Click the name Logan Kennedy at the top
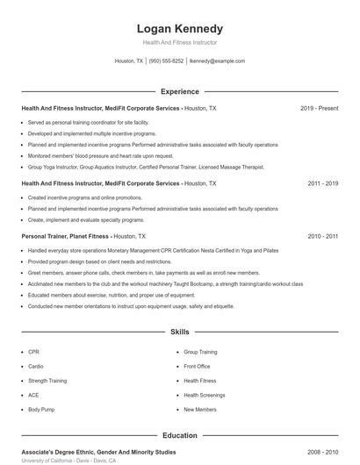tap(179, 28)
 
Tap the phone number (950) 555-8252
tap(166, 61)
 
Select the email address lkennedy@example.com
tap(217, 61)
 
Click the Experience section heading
tap(179, 91)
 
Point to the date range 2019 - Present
tap(319, 108)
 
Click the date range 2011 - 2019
tap(322, 183)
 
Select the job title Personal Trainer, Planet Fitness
tap(65, 236)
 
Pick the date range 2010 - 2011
tap(322, 236)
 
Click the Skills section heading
tap(179, 333)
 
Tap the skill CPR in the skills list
tap(33, 352)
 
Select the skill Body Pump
tap(40, 409)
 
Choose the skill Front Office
tap(197, 366)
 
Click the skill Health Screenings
tap(204, 395)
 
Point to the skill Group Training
tap(200, 352)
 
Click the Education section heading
tap(179, 435)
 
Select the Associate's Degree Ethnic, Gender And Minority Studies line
tap(98, 452)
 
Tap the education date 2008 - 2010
tap(322, 452)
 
